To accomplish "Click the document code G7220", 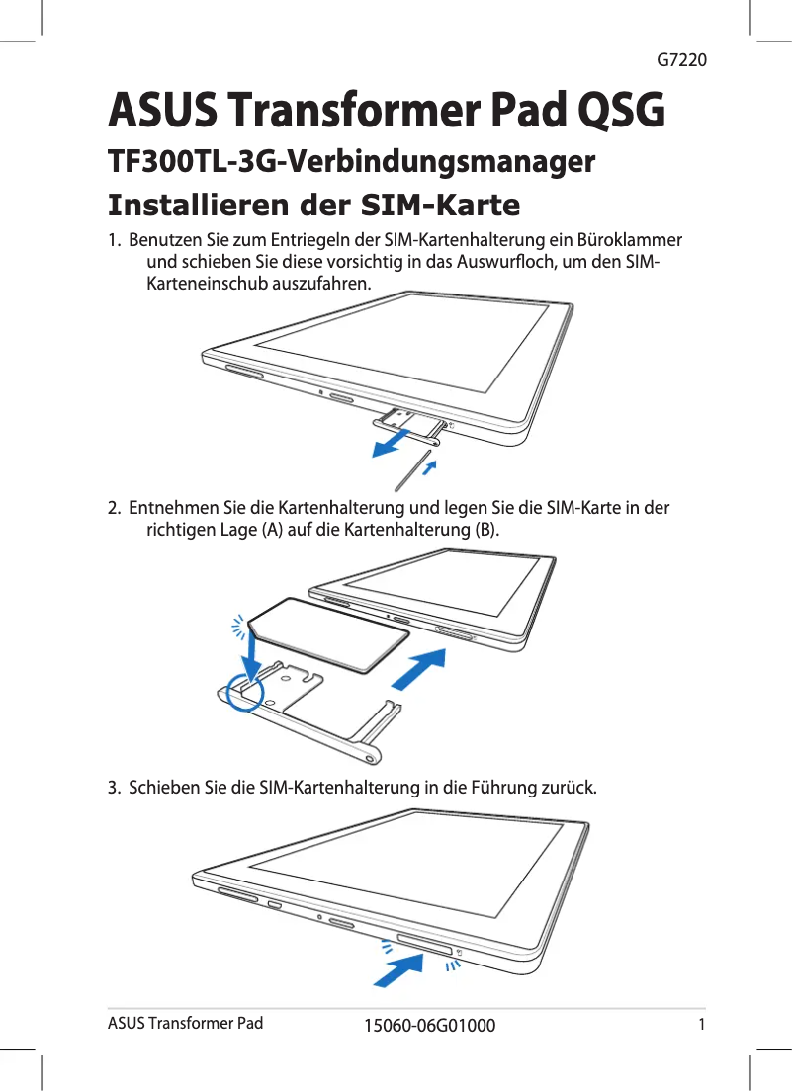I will pos(681,60).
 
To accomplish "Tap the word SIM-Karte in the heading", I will pos(441,206).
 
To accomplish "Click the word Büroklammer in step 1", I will pos(633,241).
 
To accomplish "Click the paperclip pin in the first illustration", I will pos(415,471).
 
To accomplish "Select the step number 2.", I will pos(115,509).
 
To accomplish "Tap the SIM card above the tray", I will pos(316,638).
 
